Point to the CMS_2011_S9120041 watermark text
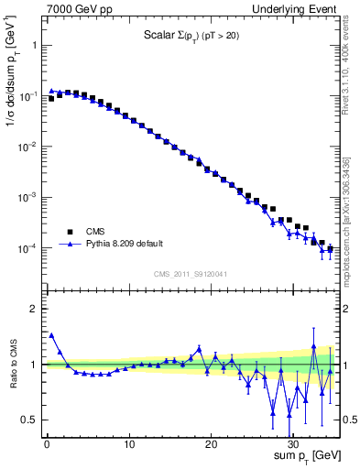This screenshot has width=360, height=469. coord(191,273)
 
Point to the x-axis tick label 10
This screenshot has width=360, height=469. coord(129,445)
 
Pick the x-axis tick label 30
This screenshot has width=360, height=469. coord(293,445)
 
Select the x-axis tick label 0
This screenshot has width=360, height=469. coord(47,445)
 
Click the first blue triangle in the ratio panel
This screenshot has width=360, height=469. coord(51,335)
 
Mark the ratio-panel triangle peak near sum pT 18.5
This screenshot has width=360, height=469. coord(199,348)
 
